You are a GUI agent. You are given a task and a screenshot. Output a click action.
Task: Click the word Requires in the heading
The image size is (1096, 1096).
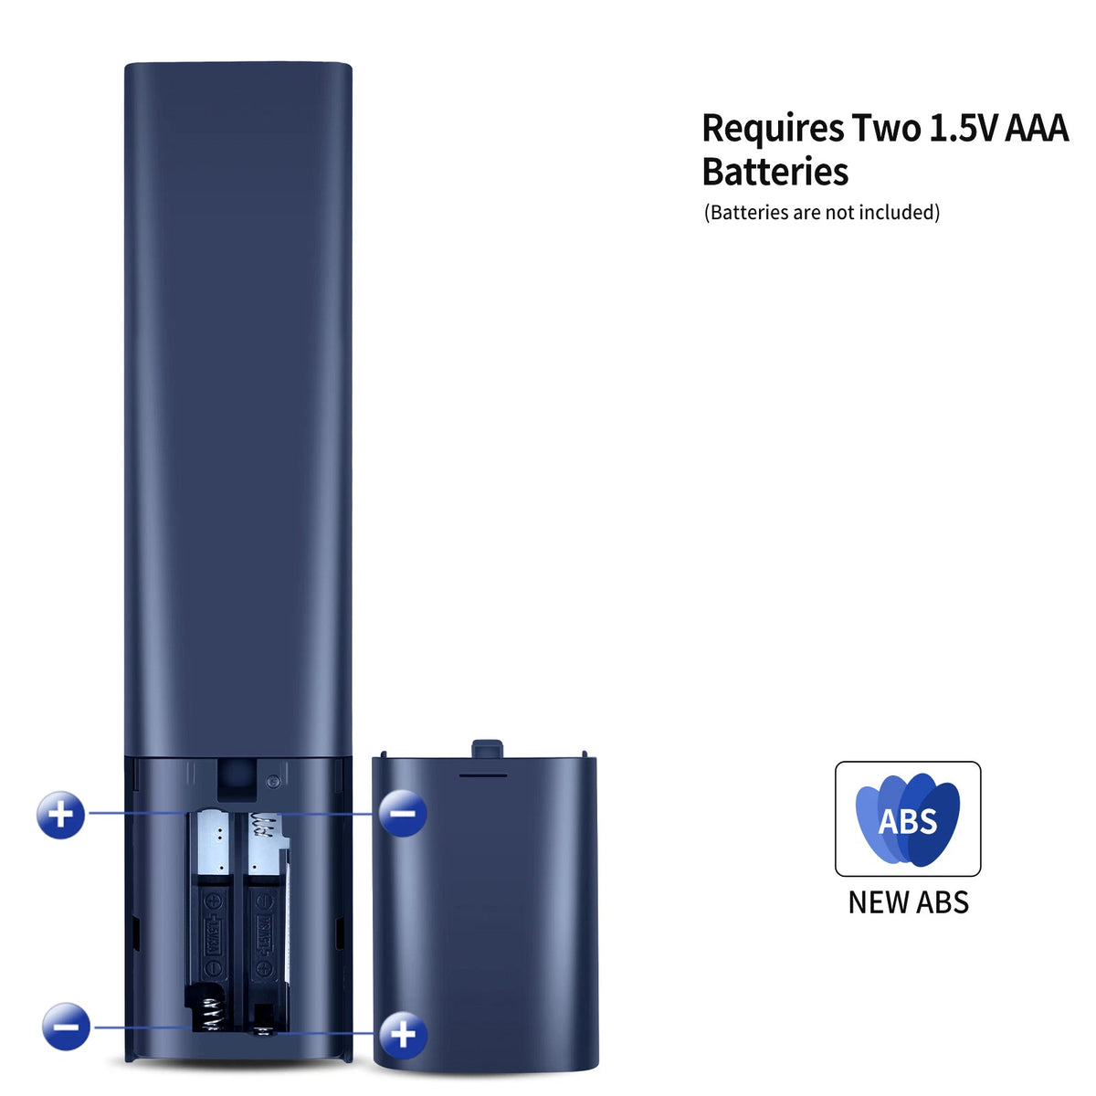[x=773, y=129]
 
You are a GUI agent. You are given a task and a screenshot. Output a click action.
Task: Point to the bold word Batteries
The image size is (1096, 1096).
[x=775, y=171]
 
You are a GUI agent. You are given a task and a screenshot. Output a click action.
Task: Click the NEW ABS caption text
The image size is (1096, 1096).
[x=908, y=902]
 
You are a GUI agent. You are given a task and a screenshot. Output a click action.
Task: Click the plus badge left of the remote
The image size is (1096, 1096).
[x=61, y=815]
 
